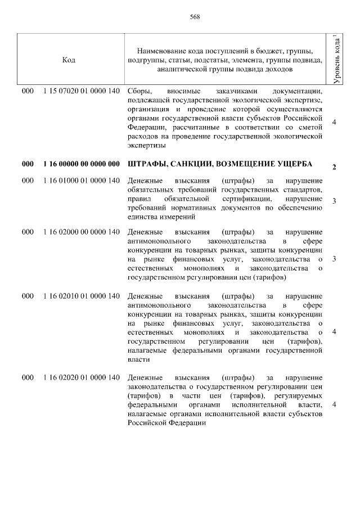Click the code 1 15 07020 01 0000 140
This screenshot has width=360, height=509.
81,91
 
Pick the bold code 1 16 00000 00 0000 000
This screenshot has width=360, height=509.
81,164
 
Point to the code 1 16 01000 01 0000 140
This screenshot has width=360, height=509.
81,181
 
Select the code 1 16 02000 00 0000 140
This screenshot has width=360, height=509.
81,232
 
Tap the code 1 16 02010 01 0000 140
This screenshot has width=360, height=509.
81,296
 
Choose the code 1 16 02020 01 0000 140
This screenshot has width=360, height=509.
81,378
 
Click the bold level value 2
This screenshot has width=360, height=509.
335,168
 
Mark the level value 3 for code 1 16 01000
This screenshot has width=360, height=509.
335,201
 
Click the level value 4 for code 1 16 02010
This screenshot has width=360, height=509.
335,332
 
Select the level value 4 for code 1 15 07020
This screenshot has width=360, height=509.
335,123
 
